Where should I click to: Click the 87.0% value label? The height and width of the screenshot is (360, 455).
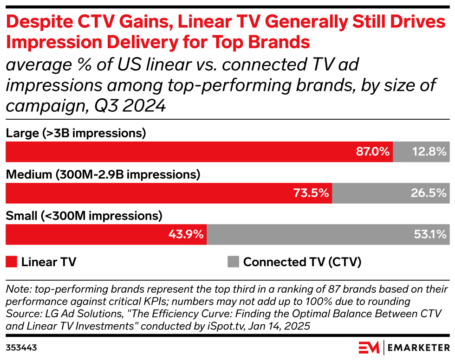(373, 152)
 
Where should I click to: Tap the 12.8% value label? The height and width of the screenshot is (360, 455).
(429, 152)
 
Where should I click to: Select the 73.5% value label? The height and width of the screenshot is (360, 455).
(312, 193)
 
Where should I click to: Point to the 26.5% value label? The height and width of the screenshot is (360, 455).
(429, 193)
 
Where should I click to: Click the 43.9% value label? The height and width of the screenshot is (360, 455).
(186, 234)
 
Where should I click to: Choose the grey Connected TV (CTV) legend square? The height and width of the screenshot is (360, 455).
(233, 262)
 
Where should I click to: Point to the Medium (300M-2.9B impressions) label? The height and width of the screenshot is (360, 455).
(103, 175)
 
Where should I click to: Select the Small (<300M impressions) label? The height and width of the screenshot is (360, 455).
(84, 216)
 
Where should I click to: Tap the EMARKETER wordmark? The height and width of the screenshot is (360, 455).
(418, 347)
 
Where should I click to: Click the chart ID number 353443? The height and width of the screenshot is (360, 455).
(21, 347)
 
